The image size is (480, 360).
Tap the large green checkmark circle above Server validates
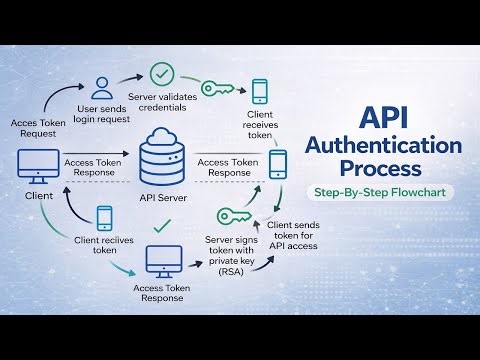point(163,74)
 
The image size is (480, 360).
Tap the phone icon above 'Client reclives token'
point(105,218)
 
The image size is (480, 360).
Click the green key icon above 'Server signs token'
point(232,217)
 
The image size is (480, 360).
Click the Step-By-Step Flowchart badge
point(387,192)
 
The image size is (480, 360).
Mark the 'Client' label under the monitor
point(38,196)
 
